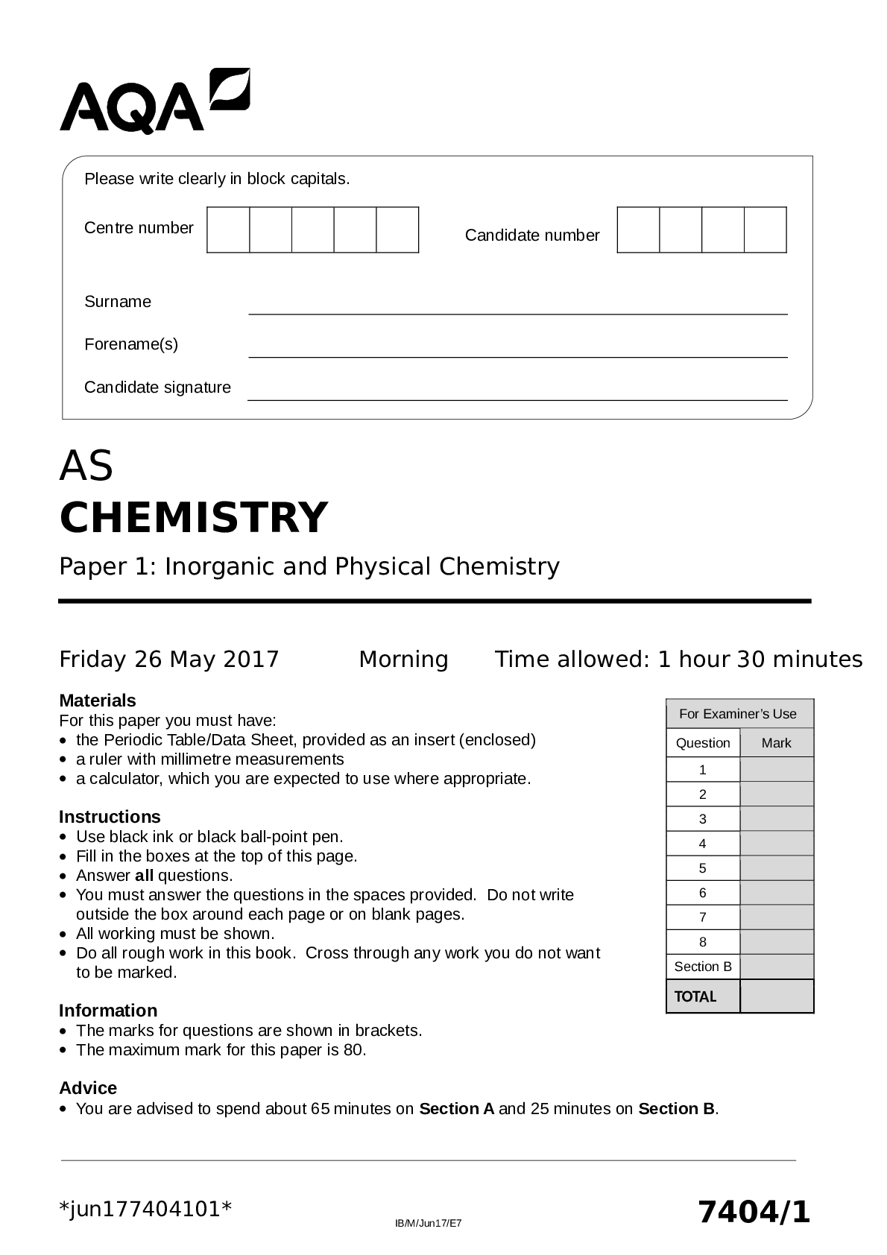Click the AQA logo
(x=154, y=102)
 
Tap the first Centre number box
(x=228, y=230)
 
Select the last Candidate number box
(x=766, y=230)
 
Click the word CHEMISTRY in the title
(x=194, y=517)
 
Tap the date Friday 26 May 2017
(x=169, y=660)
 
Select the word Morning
(x=403, y=660)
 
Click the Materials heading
(x=98, y=701)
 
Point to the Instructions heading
(x=110, y=817)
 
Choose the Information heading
(x=108, y=1011)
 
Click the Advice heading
(x=88, y=1088)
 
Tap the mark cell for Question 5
(x=777, y=868)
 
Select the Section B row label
(x=703, y=967)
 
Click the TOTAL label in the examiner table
(x=695, y=997)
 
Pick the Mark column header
(x=777, y=743)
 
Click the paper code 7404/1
(x=754, y=1212)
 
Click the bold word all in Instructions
(x=144, y=876)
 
